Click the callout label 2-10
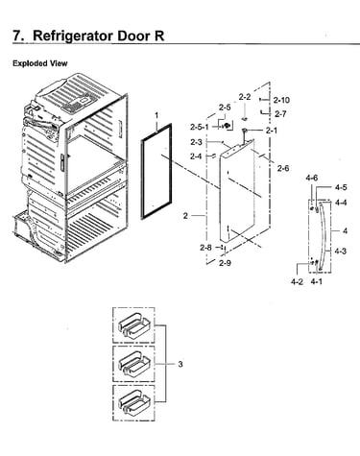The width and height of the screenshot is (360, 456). click(x=281, y=100)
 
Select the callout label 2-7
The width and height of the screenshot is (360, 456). click(x=280, y=114)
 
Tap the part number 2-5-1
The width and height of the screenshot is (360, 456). click(x=199, y=127)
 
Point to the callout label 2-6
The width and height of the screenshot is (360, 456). click(x=283, y=168)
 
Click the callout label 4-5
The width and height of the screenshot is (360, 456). click(x=341, y=187)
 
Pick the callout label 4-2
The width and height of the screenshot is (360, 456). click(x=297, y=282)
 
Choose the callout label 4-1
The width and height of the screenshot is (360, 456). click(x=317, y=282)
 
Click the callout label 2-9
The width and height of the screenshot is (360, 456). click(x=225, y=263)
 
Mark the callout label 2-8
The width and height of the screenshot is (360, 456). click(x=205, y=248)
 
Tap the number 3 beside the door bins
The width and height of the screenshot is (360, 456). click(x=180, y=364)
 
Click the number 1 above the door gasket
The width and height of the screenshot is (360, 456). click(x=156, y=115)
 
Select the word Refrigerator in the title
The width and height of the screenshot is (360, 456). click(x=73, y=36)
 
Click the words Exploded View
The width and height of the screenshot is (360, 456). click(x=40, y=63)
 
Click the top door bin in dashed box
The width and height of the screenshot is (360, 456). click(x=133, y=326)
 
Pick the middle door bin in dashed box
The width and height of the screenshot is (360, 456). click(x=134, y=364)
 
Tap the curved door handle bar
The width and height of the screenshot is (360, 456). click(x=324, y=237)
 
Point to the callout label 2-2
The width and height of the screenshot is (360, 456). click(x=245, y=97)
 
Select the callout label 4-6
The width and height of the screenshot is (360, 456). click(x=311, y=178)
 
